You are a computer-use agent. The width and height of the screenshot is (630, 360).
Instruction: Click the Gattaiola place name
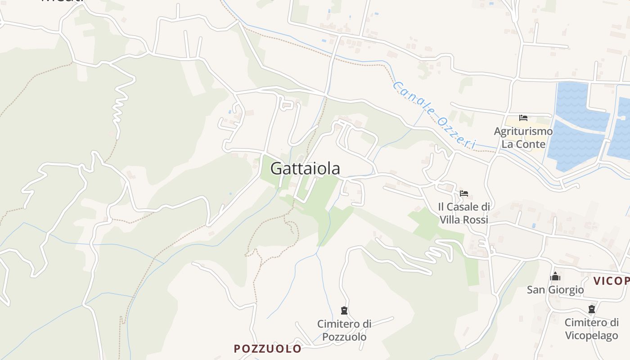(x=305, y=168)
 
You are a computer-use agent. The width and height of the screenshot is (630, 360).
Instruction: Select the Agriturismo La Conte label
(x=523, y=138)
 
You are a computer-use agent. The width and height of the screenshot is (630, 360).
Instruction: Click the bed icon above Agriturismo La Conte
(x=523, y=118)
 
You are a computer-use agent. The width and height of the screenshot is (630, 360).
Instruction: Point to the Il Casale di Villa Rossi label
(x=464, y=213)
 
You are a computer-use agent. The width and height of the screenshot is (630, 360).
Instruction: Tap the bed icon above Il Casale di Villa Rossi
(x=464, y=193)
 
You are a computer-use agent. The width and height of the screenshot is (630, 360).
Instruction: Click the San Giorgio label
(x=555, y=290)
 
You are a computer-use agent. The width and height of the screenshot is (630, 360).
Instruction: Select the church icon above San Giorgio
(x=555, y=276)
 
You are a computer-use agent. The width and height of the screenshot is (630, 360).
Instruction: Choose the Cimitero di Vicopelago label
(x=591, y=329)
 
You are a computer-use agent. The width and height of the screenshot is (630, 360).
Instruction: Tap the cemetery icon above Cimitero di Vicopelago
(x=591, y=310)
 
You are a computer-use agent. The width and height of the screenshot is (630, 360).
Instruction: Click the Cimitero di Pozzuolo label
(x=344, y=330)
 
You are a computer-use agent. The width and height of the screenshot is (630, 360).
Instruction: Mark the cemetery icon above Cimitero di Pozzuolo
(x=344, y=310)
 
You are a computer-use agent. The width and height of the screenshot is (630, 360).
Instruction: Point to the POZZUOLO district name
(x=268, y=349)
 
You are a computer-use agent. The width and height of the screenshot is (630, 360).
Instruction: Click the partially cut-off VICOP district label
(x=611, y=281)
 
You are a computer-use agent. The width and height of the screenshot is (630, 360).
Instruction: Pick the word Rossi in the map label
(x=476, y=220)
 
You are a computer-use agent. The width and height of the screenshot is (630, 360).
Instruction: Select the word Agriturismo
(x=523, y=131)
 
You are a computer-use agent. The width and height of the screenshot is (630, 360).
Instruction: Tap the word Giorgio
(x=568, y=290)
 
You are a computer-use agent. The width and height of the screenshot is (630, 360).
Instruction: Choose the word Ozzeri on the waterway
(x=456, y=133)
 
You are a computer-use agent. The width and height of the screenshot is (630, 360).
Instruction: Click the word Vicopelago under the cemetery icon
(x=591, y=336)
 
